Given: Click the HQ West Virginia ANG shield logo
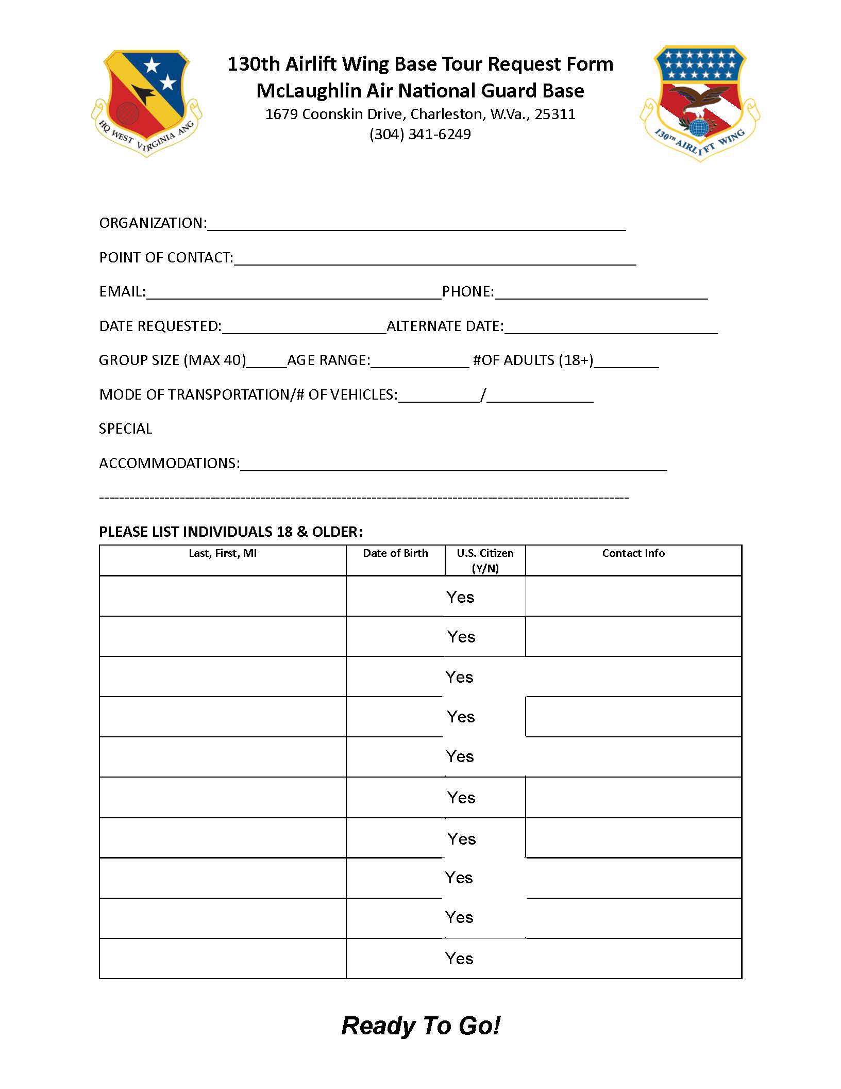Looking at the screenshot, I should click(x=146, y=102).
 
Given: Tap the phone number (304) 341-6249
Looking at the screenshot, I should click(x=420, y=135).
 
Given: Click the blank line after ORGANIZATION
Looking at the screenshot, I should click(x=416, y=225).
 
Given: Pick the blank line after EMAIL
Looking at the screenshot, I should click(x=294, y=293).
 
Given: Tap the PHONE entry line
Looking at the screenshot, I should click(x=601, y=293).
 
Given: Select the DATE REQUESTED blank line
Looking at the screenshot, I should click(x=304, y=328).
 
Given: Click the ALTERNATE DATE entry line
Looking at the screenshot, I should click(x=611, y=328).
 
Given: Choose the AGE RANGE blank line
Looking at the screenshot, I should click(x=419, y=362).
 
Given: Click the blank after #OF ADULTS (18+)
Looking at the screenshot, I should click(x=626, y=362).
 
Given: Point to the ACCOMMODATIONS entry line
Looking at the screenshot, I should click(x=453, y=465).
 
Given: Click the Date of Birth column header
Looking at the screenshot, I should click(x=395, y=553).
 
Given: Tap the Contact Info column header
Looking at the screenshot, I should click(x=633, y=553).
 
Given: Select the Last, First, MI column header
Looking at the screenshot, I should click(x=223, y=553).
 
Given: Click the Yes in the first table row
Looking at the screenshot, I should click(x=460, y=597).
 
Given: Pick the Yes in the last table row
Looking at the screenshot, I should click(x=459, y=959).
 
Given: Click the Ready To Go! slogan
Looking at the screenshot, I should click(x=420, y=1026).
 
